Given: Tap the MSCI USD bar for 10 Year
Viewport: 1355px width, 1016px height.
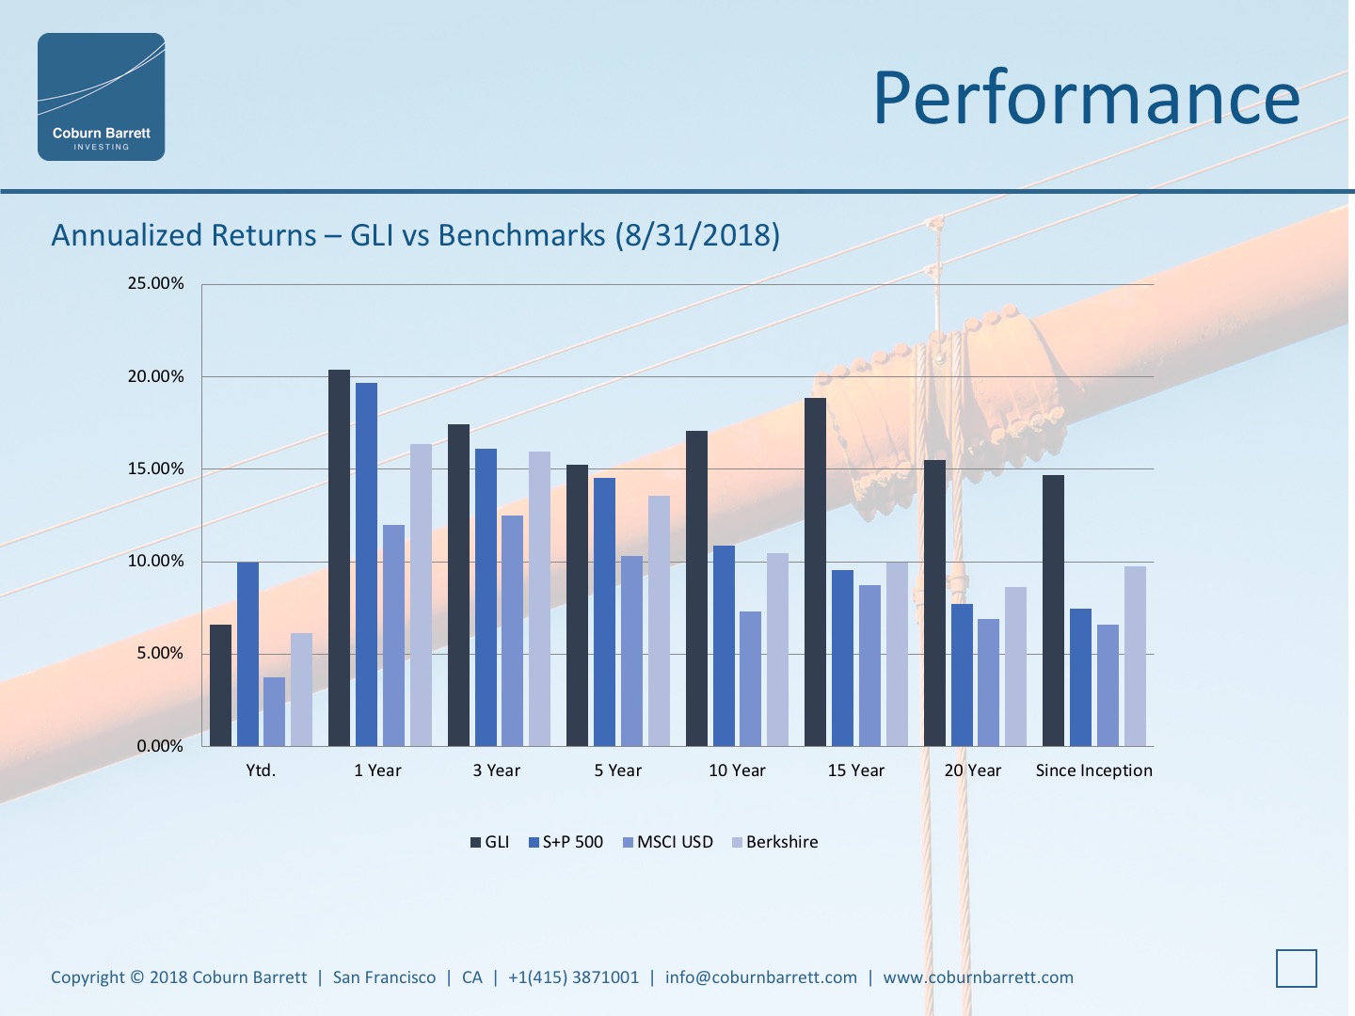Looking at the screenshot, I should click(x=750, y=678).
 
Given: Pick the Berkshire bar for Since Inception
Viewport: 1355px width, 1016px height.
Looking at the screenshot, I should click(x=1135, y=656).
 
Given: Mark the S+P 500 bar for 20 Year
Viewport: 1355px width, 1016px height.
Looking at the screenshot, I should click(x=962, y=675).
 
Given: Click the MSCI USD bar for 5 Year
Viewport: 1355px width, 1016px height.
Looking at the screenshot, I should click(x=631, y=651).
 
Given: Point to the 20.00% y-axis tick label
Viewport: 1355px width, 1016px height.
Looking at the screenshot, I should click(x=155, y=376).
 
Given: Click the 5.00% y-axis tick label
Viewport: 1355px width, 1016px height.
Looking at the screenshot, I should click(x=159, y=653).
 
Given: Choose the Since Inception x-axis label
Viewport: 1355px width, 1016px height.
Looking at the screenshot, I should click(x=1093, y=770).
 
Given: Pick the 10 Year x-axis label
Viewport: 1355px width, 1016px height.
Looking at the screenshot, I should click(x=737, y=770).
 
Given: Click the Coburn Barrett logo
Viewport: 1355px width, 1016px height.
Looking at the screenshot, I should click(x=102, y=97).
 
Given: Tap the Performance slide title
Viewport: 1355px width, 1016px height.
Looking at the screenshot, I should click(x=1086, y=98).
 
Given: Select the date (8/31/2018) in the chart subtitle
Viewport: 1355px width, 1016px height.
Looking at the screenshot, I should click(x=697, y=235).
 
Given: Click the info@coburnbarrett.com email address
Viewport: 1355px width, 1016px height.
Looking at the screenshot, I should click(x=760, y=977).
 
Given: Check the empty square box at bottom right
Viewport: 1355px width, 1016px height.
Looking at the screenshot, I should click(x=1296, y=968).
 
